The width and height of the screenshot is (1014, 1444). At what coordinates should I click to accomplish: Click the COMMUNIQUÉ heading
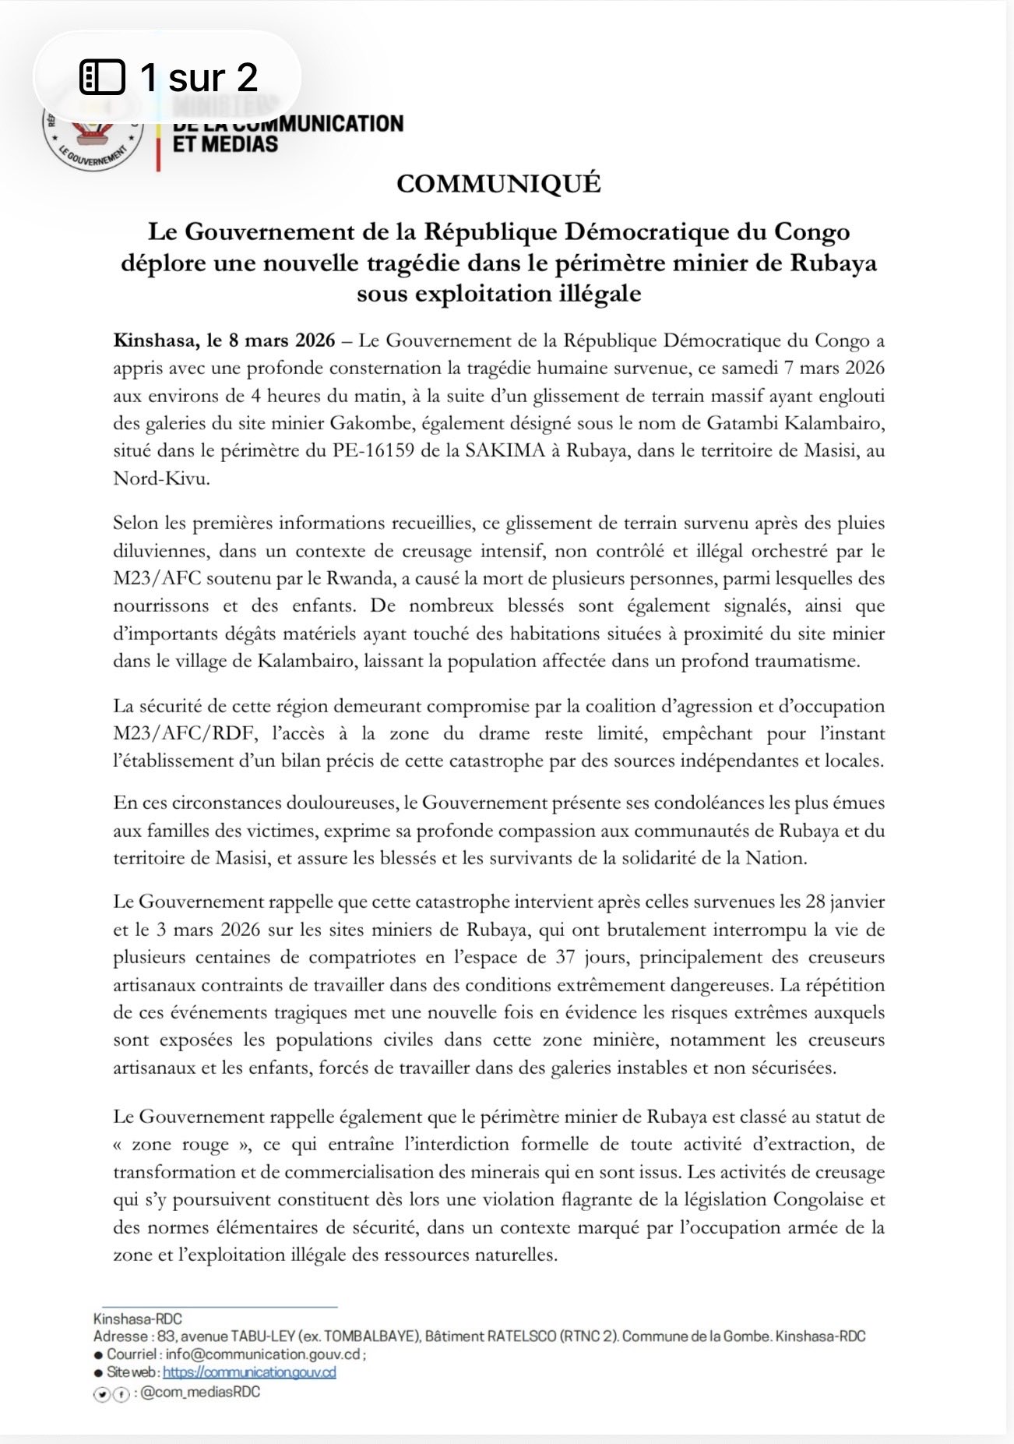click(498, 184)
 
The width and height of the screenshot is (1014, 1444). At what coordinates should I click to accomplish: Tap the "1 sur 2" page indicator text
click(199, 76)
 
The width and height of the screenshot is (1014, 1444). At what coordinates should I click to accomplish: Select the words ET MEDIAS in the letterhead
click(225, 144)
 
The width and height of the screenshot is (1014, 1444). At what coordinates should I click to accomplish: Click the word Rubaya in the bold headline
click(833, 263)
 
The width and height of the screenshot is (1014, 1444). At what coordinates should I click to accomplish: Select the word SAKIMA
click(506, 450)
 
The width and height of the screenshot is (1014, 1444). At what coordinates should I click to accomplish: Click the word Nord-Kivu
click(161, 478)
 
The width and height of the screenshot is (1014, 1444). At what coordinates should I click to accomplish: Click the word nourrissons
click(161, 605)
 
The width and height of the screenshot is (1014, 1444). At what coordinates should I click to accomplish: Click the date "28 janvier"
click(845, 902)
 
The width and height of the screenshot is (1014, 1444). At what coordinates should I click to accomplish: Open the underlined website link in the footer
click(249, 1372)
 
